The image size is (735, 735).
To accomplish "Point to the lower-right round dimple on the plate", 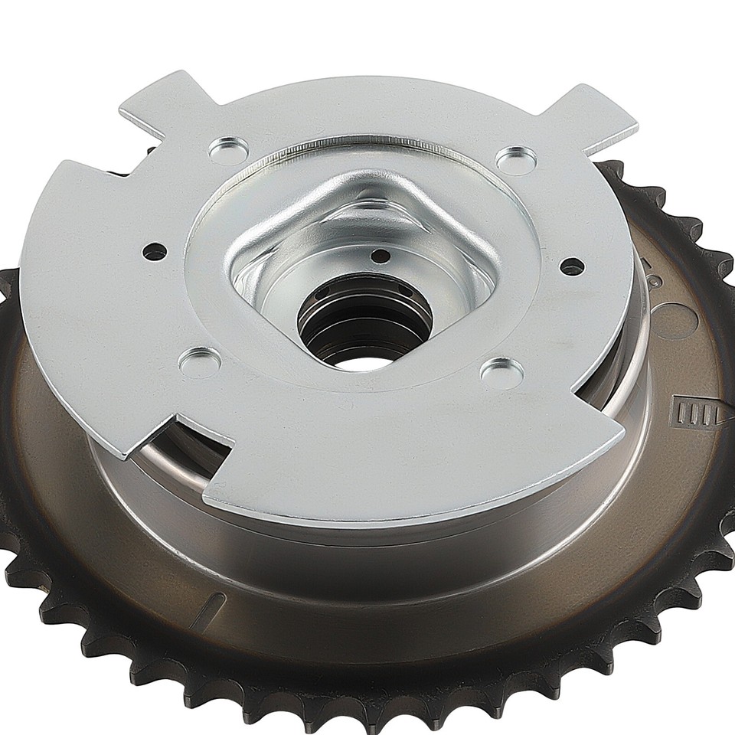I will point(501,371).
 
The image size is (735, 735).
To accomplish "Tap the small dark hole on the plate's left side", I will point(155,250).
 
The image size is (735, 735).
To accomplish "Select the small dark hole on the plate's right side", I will point(571,266).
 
